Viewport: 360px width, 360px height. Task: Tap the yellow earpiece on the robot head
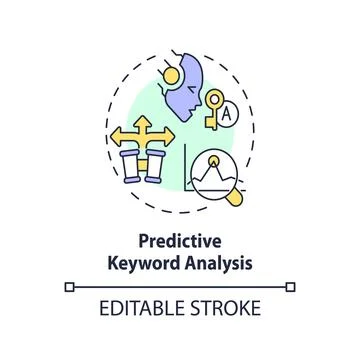click(x=169, y=73)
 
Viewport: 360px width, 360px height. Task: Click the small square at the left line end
click(x=69, y=286)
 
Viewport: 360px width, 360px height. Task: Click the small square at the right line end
click(x=291, y=286)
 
